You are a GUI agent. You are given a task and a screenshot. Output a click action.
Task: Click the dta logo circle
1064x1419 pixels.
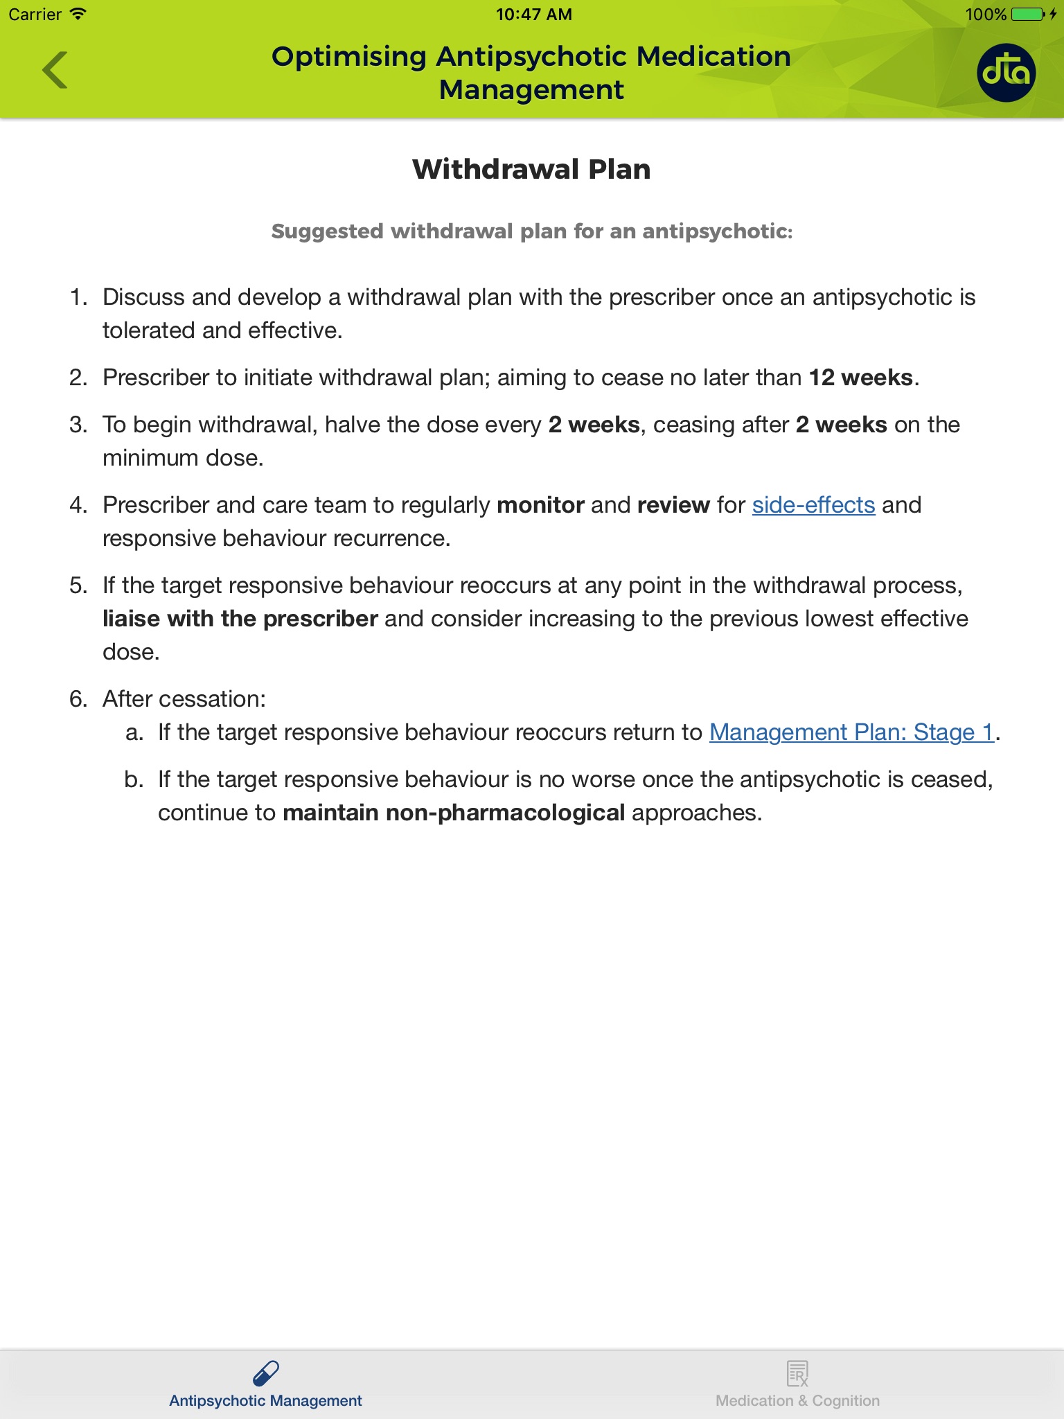click(1006, 73)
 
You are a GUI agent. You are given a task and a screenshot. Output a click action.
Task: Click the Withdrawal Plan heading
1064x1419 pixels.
click(531, 169)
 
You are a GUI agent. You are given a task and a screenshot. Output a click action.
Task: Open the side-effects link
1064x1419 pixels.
click(813, 505)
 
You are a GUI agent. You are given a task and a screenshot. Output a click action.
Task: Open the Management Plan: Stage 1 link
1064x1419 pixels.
click(851, 732)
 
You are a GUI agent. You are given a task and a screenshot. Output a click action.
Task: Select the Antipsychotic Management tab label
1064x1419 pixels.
click(265, 1401)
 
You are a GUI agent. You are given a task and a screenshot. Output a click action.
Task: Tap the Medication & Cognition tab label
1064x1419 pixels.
click(797, 1401)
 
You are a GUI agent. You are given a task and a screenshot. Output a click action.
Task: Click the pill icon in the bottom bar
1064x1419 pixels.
click(266, 1373)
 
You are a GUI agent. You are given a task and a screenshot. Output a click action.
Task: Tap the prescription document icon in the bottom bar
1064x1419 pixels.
click(797, 1373)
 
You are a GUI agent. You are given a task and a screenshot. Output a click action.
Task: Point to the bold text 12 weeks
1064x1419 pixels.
click(861, 378)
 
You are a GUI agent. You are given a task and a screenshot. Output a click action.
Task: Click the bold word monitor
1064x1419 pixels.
click(540, 505)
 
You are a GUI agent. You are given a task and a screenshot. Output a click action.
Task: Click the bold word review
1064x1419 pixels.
click(673, 505)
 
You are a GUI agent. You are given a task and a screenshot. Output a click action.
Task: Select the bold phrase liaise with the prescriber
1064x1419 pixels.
click(240, 619)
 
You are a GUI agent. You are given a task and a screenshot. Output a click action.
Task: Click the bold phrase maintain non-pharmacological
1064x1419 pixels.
click(454, 813)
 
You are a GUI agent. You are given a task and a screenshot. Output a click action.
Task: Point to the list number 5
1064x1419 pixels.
click(78, 585)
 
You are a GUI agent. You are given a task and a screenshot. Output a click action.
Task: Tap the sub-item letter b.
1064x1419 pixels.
click(134, 779)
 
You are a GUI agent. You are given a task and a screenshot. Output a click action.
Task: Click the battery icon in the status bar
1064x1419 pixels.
click(1027, 15)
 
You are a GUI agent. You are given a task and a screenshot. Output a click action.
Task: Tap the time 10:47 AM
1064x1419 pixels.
click(533, 15)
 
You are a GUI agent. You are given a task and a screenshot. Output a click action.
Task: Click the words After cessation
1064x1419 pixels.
click(184, 699)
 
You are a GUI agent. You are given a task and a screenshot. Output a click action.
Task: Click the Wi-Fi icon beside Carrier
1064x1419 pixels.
click(78, 14)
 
